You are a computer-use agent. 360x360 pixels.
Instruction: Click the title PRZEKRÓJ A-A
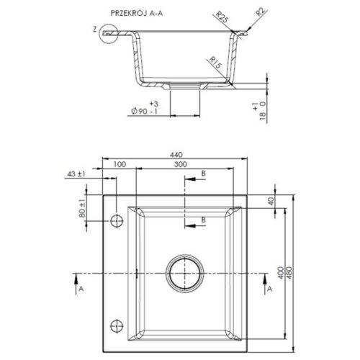tap(137, 13)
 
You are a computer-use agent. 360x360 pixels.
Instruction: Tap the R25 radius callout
tap(222, 17)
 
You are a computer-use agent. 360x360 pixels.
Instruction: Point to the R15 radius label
tap(215, 62)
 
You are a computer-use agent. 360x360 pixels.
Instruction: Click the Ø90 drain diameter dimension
tap(145, 108)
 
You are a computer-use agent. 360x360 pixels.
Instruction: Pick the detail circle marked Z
tap(109, 34)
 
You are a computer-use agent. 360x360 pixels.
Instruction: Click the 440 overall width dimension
tap(176, 155)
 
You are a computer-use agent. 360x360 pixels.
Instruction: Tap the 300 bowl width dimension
tap(180, 164)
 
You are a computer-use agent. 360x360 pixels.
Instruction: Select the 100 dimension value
tap(120, 164)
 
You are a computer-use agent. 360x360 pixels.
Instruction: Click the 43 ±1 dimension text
tap(76, 174)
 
